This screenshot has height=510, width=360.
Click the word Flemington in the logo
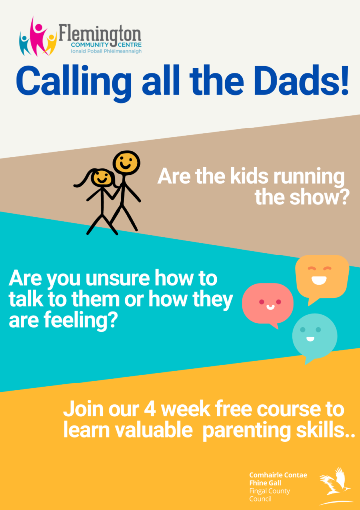tap(100, 33)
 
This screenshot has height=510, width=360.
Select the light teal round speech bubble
tap(314, 338)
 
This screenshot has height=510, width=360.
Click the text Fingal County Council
tap(269, 495)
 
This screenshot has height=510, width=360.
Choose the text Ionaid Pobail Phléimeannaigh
tap(106, 51)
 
